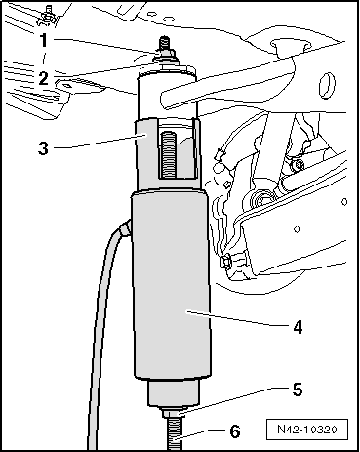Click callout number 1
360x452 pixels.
[44, 41]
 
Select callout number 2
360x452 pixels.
[44, 78]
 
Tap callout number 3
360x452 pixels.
[43, 148]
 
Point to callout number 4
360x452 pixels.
[298, 327]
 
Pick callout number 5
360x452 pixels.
[298, 390]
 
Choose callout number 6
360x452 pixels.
[235, 431]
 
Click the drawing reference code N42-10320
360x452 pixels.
[307, 430]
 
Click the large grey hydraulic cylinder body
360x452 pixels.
[171, 286]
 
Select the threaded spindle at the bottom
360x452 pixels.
[175, 434]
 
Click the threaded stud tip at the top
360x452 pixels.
[164, 44]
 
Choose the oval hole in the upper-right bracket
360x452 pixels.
[327, 86]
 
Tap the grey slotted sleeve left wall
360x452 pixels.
[146, 153]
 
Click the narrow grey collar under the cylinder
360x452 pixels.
[174, 392]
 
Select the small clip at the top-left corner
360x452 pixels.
[49, 14]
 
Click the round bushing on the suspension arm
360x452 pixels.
[261, 199]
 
